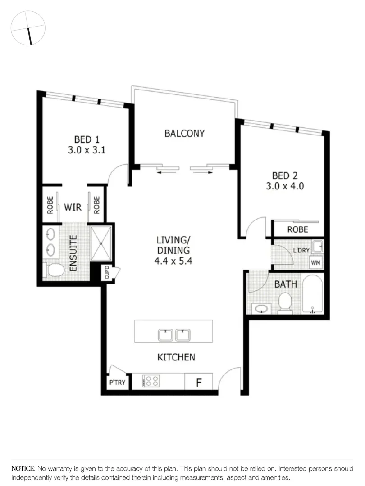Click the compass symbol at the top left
click(28, 27)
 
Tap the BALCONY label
click(184, 133)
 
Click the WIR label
click(72, 207)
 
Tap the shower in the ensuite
click(102, 243)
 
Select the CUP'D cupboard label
click(108, 272)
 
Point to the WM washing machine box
click(315, 262)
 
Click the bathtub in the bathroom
click(312, 295)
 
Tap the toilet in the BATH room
click(285, 302)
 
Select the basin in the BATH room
click(260, 308)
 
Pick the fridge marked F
click(198, 382)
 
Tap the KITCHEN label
click(176, 357)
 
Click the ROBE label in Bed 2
click(298, 229)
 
